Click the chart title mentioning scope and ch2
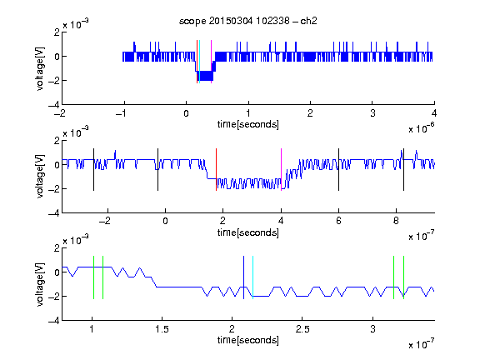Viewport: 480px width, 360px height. point(248,21)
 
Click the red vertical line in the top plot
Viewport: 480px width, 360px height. point(197,62)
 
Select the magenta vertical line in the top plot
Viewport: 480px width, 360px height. point(211,62)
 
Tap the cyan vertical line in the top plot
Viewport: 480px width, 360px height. point(199,62)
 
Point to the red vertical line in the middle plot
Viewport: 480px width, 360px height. point(216,170)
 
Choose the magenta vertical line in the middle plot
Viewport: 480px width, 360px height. point(281,170)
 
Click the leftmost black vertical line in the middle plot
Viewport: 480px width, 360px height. point(93,170)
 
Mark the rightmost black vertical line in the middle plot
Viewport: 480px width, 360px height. point(403,170)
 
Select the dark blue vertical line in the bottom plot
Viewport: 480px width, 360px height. point(243,277)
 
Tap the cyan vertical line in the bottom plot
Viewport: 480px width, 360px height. point(252,277)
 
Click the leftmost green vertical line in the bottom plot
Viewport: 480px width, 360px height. point(93,277)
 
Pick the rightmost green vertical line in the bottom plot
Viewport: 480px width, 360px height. point(404,277)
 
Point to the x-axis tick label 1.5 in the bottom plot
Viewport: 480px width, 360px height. point(162,329)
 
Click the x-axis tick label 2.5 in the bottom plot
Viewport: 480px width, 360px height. point(302,329)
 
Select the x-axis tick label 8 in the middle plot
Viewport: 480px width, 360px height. point(396,221)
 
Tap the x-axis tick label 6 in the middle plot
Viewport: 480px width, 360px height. point(338,221)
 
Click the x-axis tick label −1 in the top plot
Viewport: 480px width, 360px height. point(121,113)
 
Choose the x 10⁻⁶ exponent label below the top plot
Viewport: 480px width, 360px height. point(422,128)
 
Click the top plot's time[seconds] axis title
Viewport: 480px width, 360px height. point(248,124)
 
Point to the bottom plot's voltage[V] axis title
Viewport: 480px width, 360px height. point(40,284)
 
